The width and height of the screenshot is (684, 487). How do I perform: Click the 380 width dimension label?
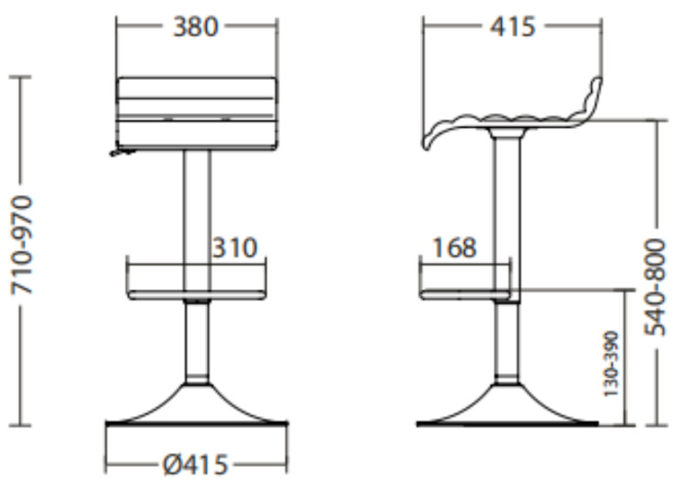pos(195,27)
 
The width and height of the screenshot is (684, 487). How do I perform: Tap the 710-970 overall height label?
pos(21,245)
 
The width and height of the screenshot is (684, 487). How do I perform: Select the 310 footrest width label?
pos(234,248)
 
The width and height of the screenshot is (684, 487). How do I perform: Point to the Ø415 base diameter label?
pos(196,465)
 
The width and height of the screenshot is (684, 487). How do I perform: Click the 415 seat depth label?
pos(512,27)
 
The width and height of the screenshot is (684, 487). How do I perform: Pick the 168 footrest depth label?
pos(454,248)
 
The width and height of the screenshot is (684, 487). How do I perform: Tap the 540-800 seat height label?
pos(655,288)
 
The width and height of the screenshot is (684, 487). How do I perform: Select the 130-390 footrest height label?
pos(610,364)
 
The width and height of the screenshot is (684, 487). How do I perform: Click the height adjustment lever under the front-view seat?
pos(122,153)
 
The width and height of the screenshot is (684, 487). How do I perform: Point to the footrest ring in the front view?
pos(197,295)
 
